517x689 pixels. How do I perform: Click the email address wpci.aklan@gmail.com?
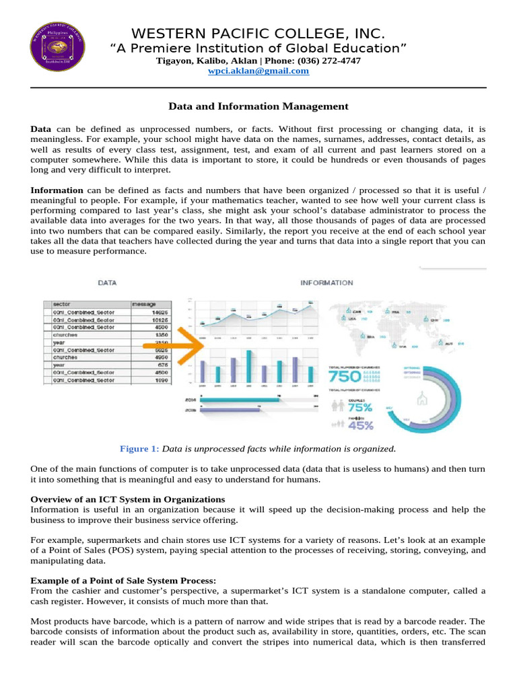tap(258, 71)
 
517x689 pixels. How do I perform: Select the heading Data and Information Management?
tap(258, 106)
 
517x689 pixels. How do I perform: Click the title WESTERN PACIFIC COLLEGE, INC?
tap(258, 34)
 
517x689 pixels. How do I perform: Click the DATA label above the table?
tap(108, 283)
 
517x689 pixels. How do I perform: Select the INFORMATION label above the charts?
tap(326, 283)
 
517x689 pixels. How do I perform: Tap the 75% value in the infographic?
tap(359, 407)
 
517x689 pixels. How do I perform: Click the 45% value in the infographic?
tap(359, 425)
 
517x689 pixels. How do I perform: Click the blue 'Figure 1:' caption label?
tap(140, 448)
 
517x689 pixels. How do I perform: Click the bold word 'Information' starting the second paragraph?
tap(57, 190)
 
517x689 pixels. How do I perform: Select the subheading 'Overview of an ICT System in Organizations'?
tap(128, 499)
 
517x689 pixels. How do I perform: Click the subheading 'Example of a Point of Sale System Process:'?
tap(125, 580)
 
